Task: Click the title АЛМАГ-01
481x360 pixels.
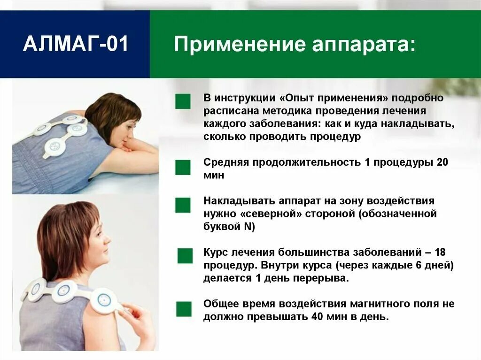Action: click(x=75, y=45)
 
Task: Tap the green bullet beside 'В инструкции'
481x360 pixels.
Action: click(x=183, y=101)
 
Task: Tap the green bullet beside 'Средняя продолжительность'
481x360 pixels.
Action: click(x=183, y=168)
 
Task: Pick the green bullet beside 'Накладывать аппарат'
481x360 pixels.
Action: click(x=183, y=205)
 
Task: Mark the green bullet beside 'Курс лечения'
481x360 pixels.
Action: click(x=185, y=256)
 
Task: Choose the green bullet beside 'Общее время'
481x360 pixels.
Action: click(x=184, y=309)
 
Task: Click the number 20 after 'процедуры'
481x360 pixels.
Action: click(x=442, y=162)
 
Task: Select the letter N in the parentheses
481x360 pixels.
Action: click(x=247, y=227)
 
